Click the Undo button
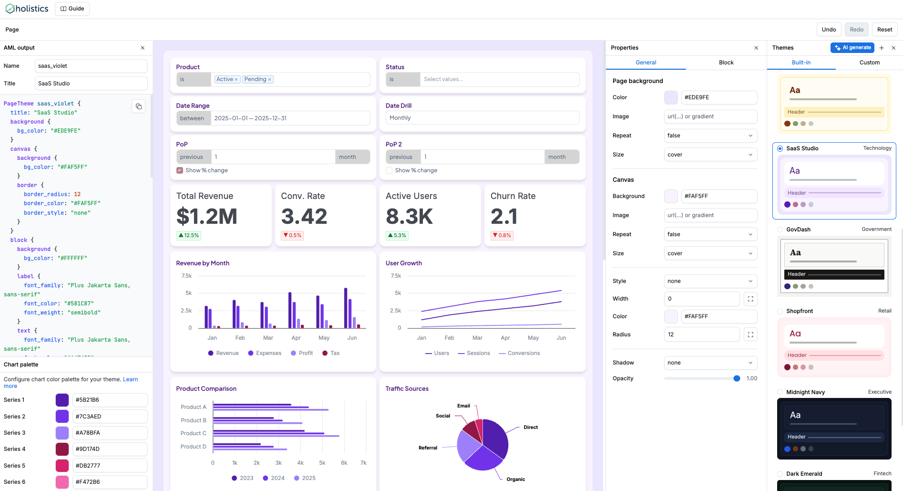(829, 30)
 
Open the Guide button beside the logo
(72, 9)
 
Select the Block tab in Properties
(726, 63)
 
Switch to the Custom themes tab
(869, 63)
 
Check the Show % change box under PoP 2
(389, 170)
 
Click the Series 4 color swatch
(62, 449)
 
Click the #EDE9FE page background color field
(718, 97)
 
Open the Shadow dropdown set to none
(710, 363)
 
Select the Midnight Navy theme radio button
(780, 392)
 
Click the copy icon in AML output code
(139, 106)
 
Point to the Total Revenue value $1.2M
(206, 217)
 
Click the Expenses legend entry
(265, 353)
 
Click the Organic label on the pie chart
(515, 479)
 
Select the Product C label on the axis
(193, 433)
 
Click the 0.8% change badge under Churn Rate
(502, 235)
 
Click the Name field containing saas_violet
(91, 66)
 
